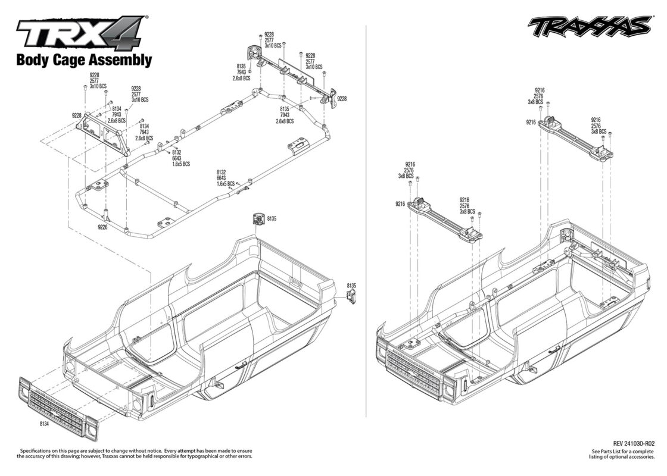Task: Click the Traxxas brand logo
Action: (589, 27)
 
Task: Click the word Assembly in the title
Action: (120, 61)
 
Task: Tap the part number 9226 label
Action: (102, 227)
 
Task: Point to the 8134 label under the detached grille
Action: (44, 424)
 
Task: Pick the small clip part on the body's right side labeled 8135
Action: (351, 296)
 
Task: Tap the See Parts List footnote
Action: (623, 454)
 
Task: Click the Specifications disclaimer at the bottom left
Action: (135, 453)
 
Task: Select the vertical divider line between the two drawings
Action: (366, 221)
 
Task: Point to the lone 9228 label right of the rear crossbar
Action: (342, 99)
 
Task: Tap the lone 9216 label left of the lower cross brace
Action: (400, 204)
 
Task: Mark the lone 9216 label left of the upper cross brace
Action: (531, 123)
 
